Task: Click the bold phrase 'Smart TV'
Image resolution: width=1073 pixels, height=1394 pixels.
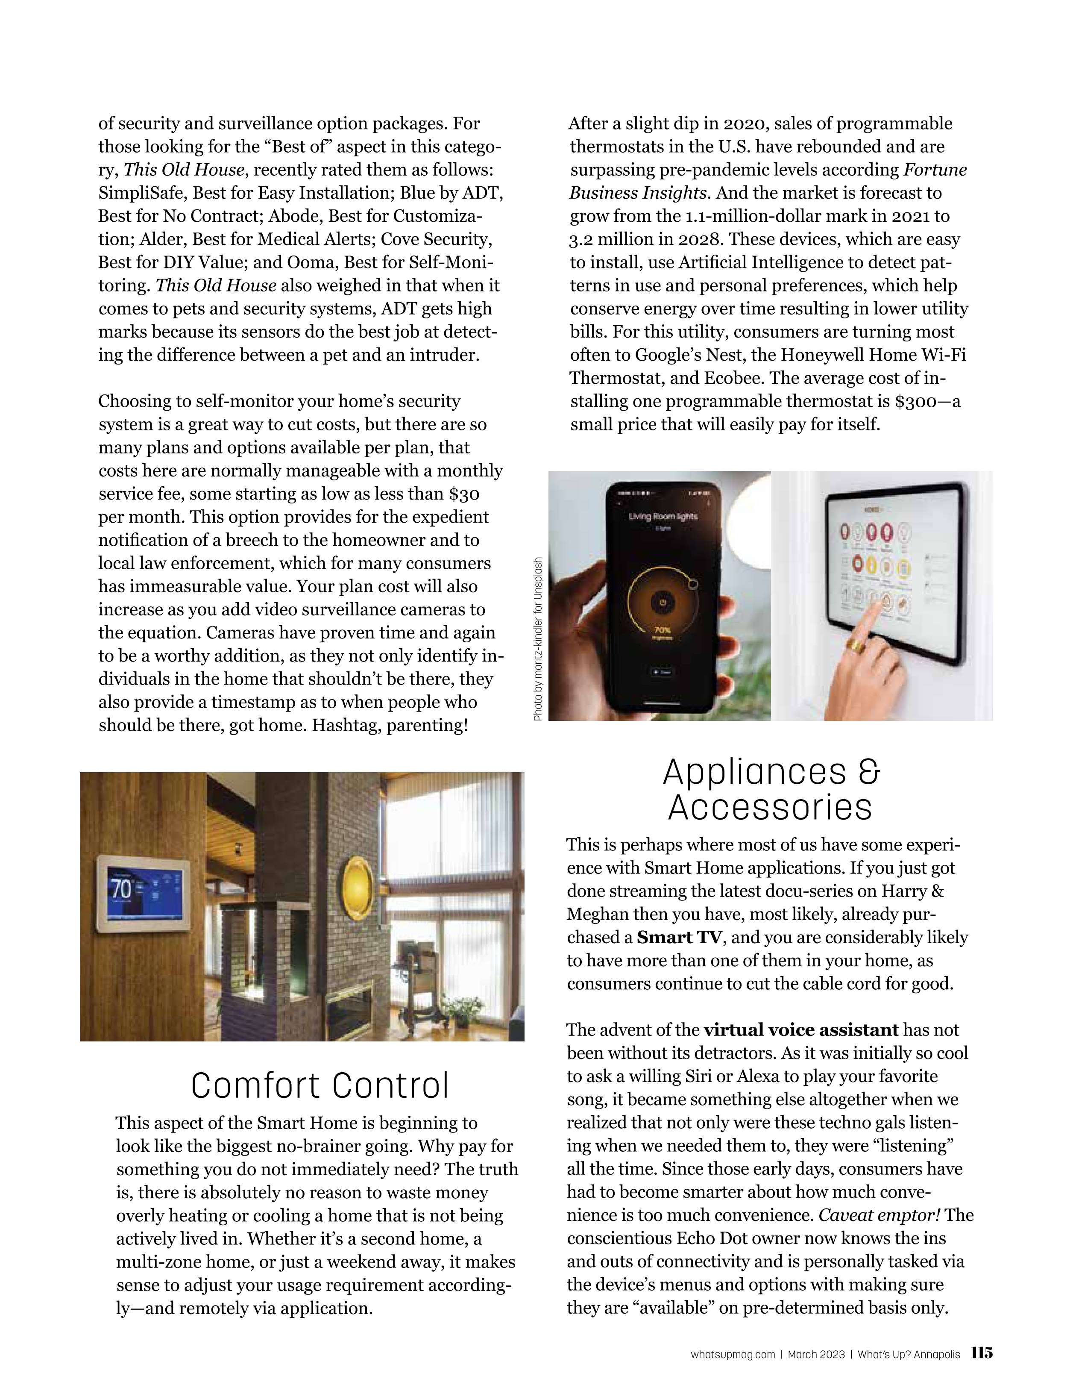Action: [680, 937]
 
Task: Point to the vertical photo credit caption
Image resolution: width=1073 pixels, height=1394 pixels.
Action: [538, 639]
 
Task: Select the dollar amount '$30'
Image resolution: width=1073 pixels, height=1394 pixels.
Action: [464, 494]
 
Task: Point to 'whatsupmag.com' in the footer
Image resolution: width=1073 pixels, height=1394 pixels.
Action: [732, 1354]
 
